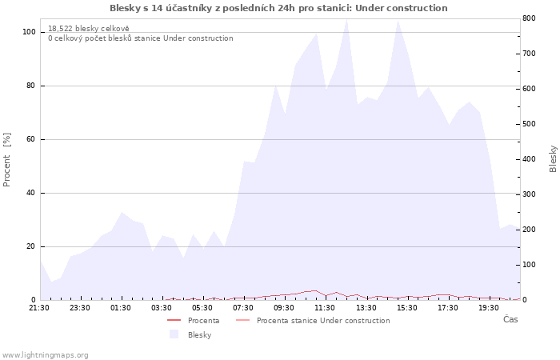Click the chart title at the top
tap(278, 8)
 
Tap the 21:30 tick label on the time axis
tap(39, 308)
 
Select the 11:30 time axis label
tap(325, 308)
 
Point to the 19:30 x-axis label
tap(489, 308)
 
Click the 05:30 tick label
tap(202, 308)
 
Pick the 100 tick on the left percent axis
tap(30, 32)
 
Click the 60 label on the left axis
tap(31, 139)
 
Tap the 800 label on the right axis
tap(530, 18)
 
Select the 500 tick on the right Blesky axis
tap(530, 124)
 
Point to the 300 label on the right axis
tap(530, 194)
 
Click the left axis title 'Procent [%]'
tap(6, 160)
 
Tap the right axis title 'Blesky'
tap(553, 159)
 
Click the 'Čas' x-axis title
tap(510, 319)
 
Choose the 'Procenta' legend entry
tap(194, 320)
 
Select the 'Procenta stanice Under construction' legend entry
tap(313, 320)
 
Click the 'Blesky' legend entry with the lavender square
tap(190, 334)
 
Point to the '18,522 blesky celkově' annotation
tap(89, 29)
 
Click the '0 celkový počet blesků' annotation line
tap(141, 38)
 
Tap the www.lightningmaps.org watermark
tap(45, 355)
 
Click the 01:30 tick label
tap(120, 308)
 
